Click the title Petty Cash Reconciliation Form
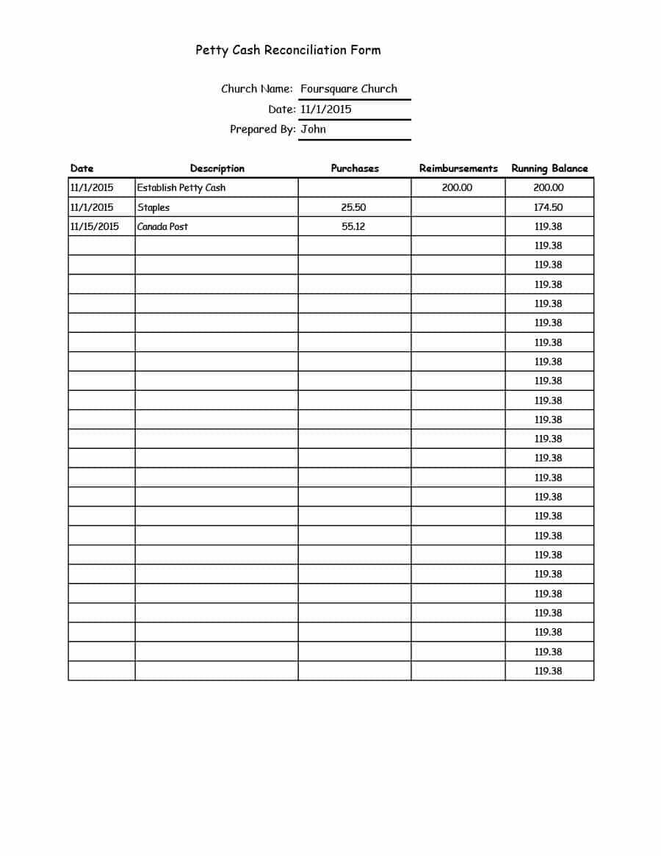288,50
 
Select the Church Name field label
257,89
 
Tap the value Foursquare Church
349,89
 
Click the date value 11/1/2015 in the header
326,109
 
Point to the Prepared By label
263,129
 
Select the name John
314,129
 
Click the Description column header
217,168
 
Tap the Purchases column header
355,168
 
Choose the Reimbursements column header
458,168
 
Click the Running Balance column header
549,168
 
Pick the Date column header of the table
82,168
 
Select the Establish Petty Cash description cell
181,187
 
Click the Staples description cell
153,207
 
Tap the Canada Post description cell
162,226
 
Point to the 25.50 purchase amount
354,207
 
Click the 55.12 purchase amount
354,226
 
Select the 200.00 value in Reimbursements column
458,187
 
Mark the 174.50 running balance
549,207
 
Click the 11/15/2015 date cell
94,226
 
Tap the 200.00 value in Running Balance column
549,187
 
